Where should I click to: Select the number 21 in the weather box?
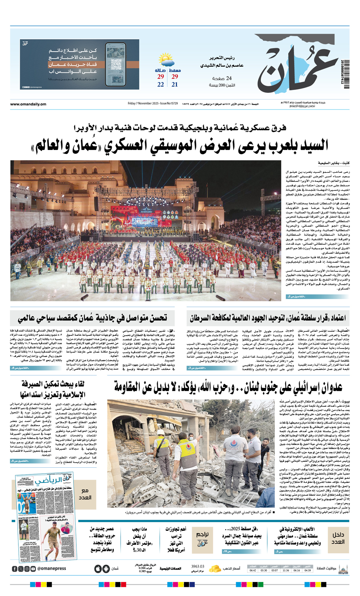pyautogui.click(x=175, y=84)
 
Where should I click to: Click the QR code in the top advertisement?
pyautogui.click(x=116, y=64)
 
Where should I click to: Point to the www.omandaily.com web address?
pyautogui.click(x=28, y=104)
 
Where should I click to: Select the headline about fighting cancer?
pyautogui.click(x=268, y=319)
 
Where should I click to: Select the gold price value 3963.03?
pyautogui.click(x=198, y=566)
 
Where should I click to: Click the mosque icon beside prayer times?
pyautogui.click(x=343, y=568)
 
